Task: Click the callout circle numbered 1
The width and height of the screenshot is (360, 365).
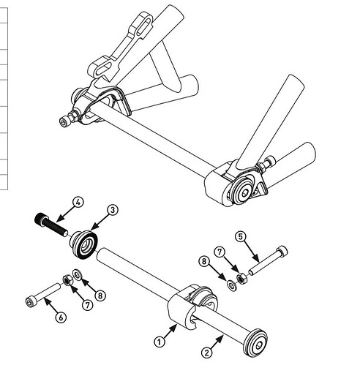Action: click(x=160, y=342)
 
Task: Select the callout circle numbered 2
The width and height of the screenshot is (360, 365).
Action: click(x=207, y=353)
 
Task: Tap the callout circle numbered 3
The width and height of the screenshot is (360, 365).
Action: click(x=113, y=210)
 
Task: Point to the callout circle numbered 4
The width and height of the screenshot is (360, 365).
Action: click(x=78, y=203)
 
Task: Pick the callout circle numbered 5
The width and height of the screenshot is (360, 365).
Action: click(x=241, y=236)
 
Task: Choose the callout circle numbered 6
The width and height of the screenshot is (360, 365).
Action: click(x=61, y=317)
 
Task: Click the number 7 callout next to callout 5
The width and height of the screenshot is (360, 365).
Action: click(x=220, y=252)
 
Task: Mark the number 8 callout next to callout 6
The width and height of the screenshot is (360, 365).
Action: click(x=100, y=296)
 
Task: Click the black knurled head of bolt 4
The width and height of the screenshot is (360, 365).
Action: click(x=40, y=219)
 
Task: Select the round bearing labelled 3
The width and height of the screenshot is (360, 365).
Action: click(x=84, y=244)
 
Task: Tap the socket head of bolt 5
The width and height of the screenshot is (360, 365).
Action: click(x=282, y=251)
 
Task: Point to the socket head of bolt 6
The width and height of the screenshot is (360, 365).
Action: click(x=30, y=301)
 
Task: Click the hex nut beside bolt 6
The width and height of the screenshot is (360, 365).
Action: click(x=67, y=280)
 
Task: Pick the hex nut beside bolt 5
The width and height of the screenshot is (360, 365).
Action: click(x=242, y=278)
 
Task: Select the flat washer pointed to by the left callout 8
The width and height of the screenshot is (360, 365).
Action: click(x=78, y=275)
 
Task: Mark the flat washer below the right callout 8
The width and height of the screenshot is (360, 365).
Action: click(x=232, y=285)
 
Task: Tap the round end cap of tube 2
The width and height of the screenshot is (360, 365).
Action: click(x=256, y=343)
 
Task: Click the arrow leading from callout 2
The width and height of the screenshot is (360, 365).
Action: click(x=217, y=342)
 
